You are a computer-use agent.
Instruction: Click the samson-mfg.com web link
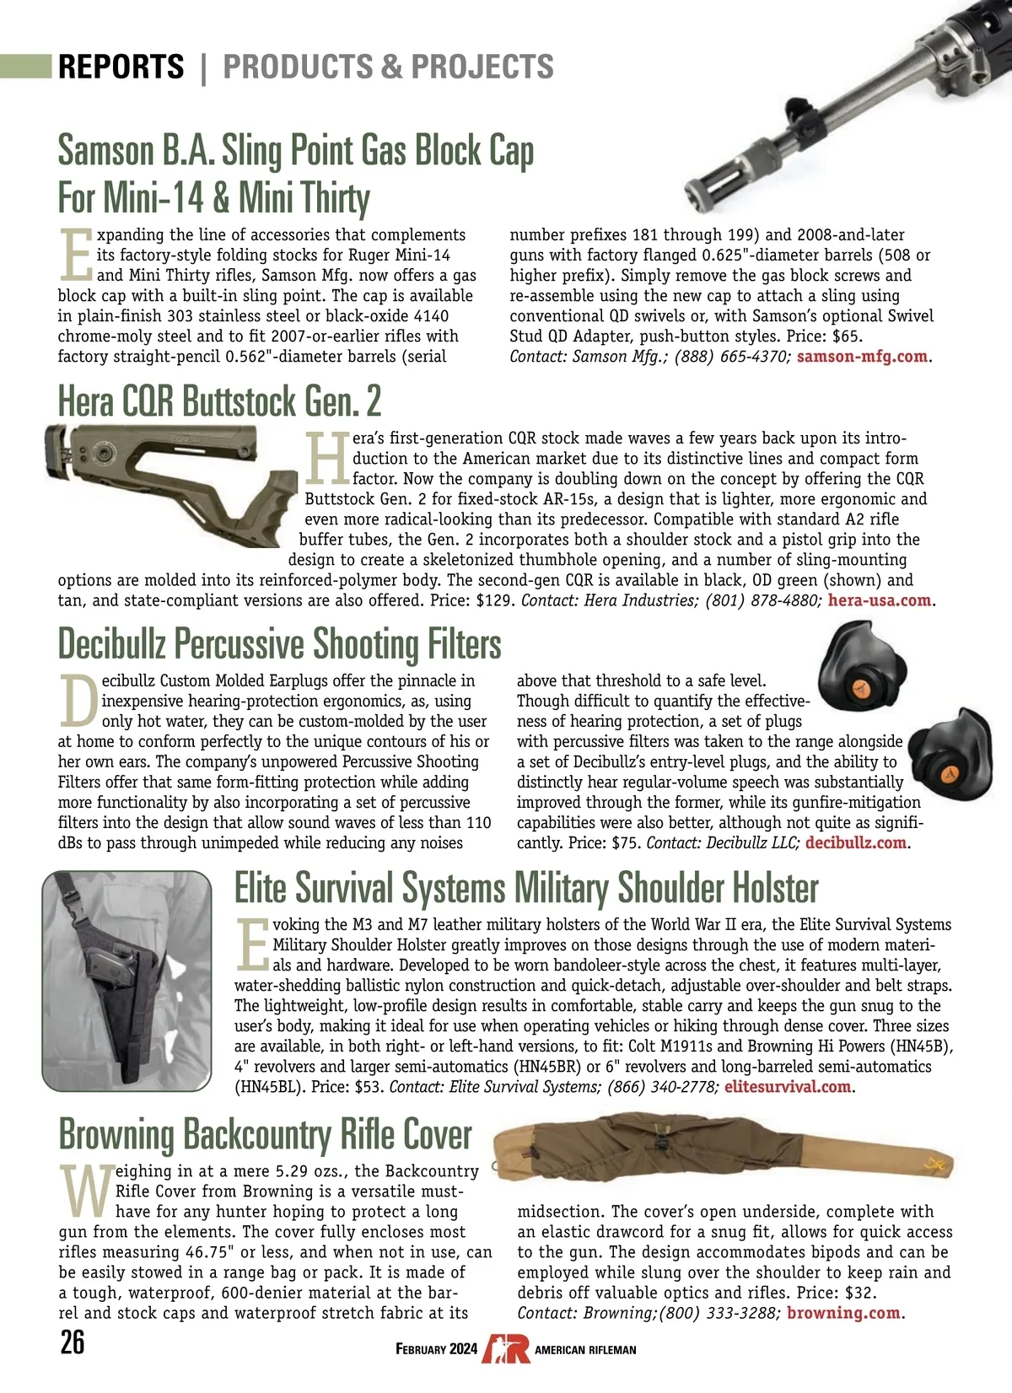tap(862, 357)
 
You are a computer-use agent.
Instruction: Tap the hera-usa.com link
tap(880, 601)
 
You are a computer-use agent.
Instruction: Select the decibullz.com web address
tap(855, 843)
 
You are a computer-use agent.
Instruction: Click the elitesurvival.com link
tap(787, 1087)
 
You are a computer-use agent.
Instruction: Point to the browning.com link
tap(843, 1313)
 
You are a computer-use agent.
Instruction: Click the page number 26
tap(73, 1342)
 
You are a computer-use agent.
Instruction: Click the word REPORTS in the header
tap(121, 67)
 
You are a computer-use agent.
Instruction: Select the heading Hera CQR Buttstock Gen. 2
tap(219, 401)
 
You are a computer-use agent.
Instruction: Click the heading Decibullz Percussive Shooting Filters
tap(279, 644)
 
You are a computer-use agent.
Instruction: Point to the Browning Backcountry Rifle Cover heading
tap(265, 1134)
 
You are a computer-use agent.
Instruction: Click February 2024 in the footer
tap(436, 1349)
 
